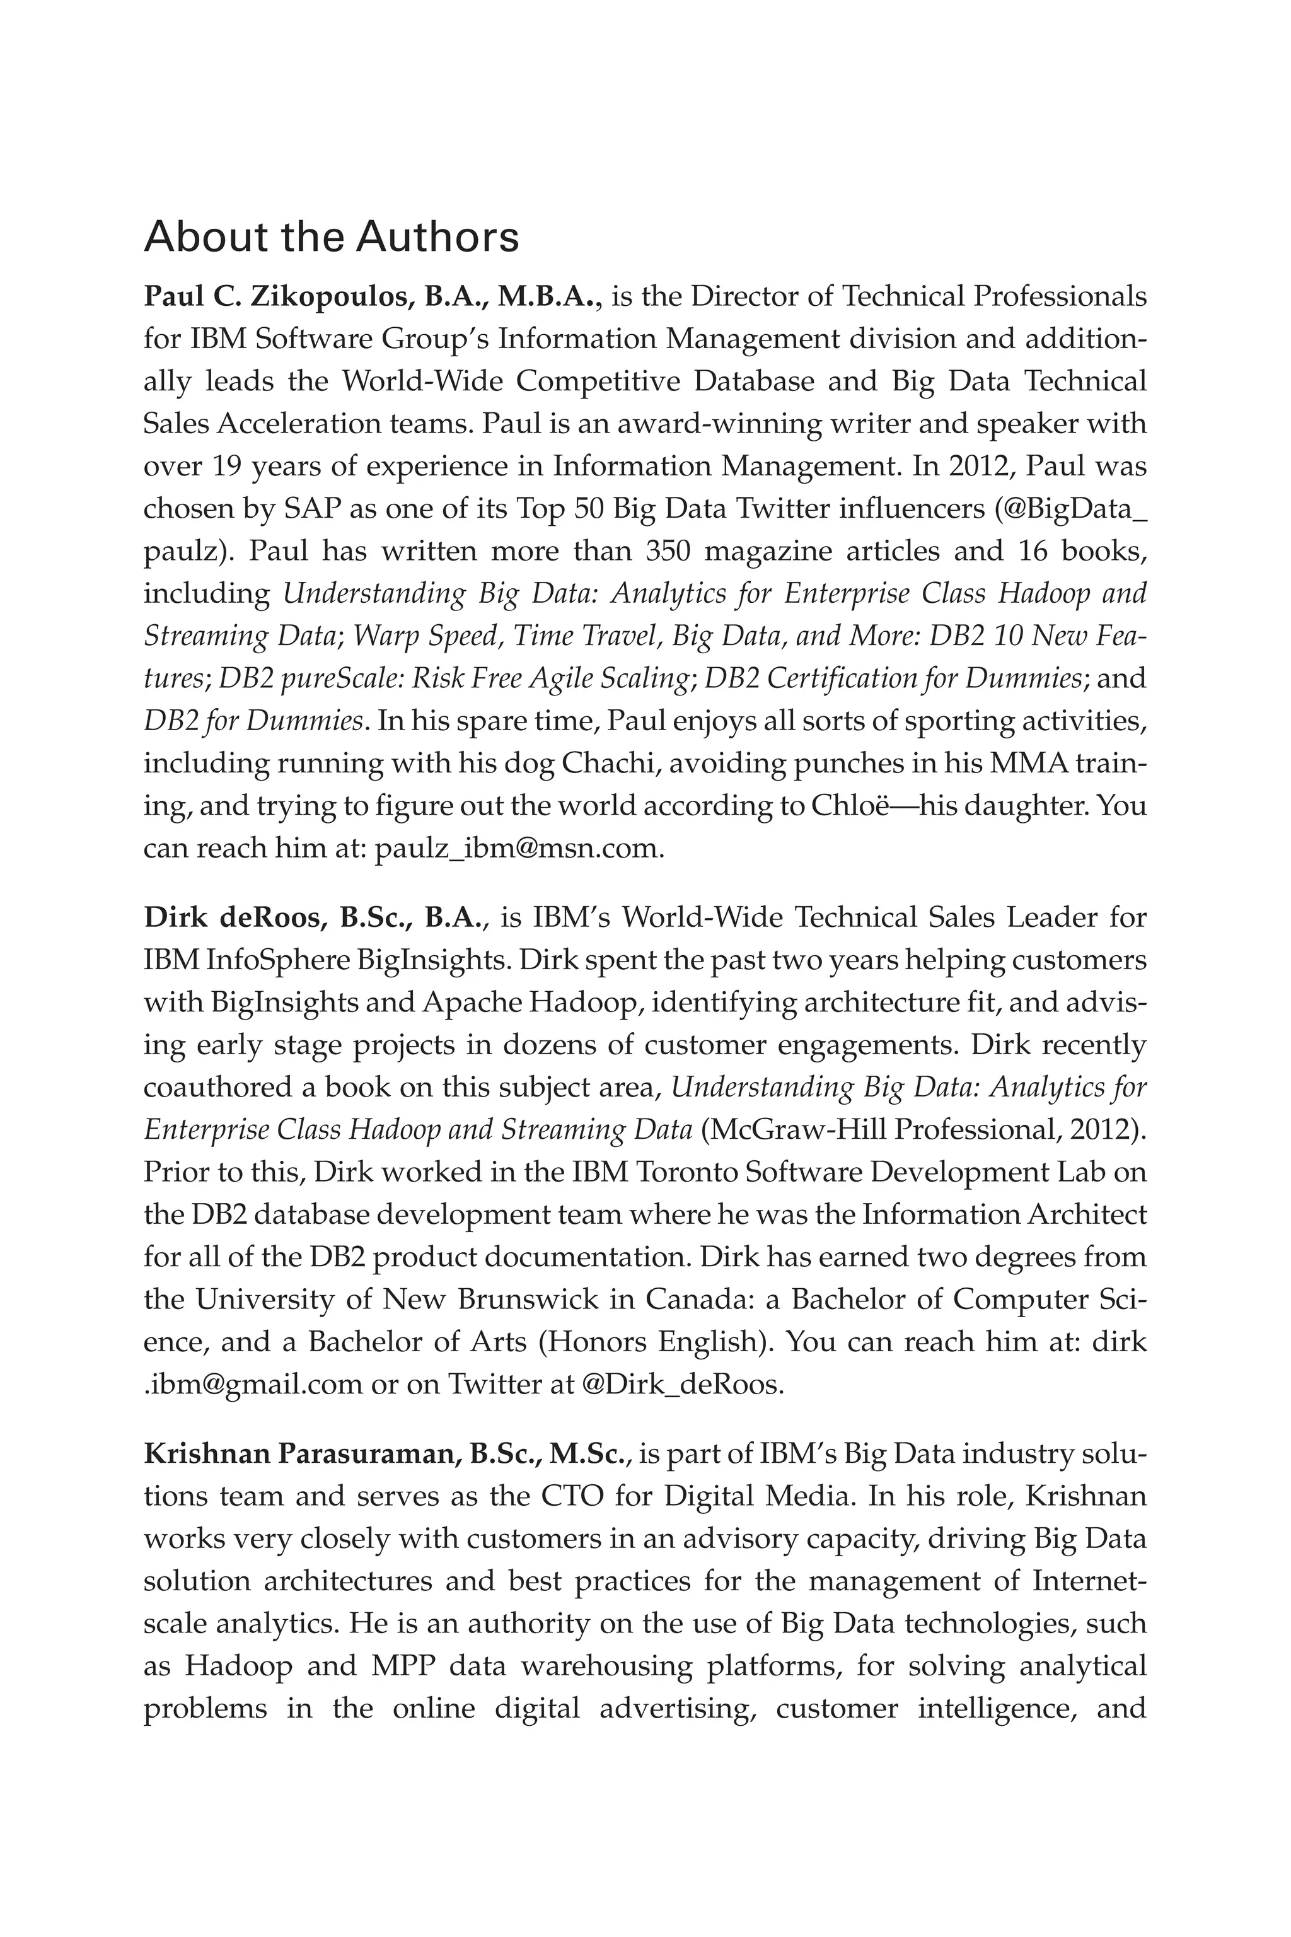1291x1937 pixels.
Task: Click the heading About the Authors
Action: pyautogui.click(x=331, y=237)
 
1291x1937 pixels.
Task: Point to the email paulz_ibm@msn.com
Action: pyautogui.click(x=518, y=848)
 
